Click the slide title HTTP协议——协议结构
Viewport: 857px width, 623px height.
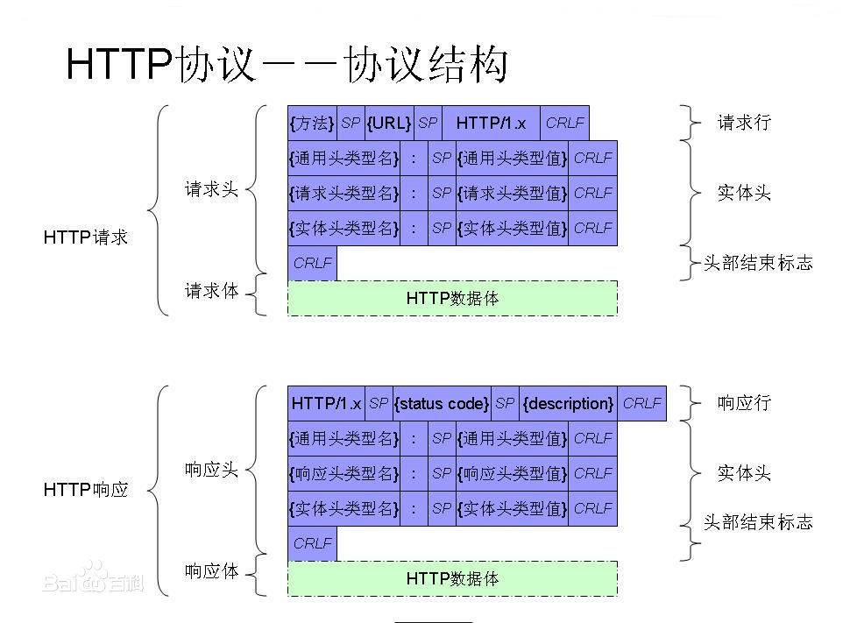point(287,66)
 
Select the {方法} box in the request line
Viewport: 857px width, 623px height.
point(312,124)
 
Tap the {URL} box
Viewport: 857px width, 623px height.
point(388,124)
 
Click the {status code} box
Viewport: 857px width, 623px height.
point(442,404)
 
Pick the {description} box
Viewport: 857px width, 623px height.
point(568,404)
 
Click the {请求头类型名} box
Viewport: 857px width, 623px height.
point(344,194)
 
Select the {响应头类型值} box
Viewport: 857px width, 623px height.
point(512,474)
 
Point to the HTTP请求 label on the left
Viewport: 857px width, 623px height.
point(86,237)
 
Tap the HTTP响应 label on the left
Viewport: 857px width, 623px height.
point(86,490)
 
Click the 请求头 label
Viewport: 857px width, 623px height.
point(211,189)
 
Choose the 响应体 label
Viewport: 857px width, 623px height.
point(211,571)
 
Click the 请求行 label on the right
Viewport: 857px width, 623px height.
point(744,123)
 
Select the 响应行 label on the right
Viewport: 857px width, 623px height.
point(744,403)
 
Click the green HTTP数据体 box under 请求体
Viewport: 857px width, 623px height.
point(452,299)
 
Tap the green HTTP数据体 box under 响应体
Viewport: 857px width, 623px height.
point(452,579)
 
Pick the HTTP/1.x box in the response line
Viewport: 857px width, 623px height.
point(326,404)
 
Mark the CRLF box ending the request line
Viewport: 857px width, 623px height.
point(564,124)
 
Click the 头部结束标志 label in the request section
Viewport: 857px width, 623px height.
point(758,263)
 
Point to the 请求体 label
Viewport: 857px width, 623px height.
point(211,291)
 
